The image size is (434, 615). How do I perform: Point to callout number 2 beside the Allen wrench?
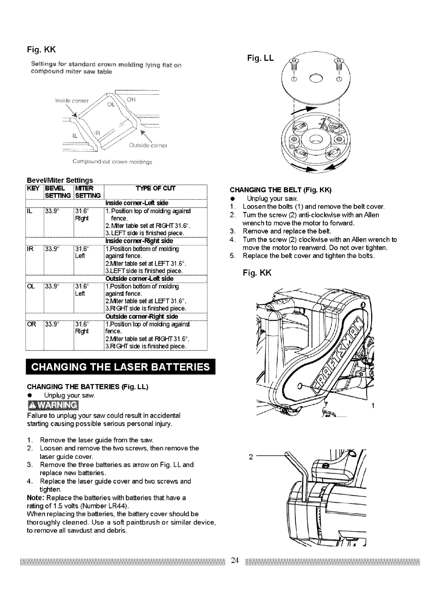251,457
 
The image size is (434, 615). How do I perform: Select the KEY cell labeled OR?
30,324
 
